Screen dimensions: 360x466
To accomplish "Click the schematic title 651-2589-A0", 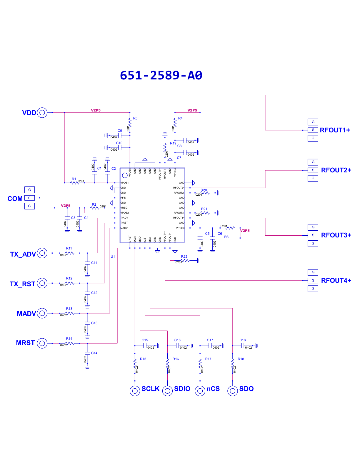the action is (x=161, y=75).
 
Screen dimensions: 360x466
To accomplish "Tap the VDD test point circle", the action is (x=42, y=113).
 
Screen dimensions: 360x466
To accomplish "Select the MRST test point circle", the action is (x=42, y=343).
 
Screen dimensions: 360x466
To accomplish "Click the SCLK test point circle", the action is (x=135, y=391).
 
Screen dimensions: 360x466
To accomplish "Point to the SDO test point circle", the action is (x=233, y=391).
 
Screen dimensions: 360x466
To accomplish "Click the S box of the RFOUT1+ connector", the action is (x=313, y=130).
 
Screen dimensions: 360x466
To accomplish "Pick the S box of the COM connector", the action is (x=30, y=198).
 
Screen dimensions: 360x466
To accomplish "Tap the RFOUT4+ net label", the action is (x=336, y=280).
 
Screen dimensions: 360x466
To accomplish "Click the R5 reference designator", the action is (x=135, y=118).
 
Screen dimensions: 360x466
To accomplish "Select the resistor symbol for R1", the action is (x=75, y=183).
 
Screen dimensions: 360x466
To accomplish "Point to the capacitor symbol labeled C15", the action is (x=145, y=346).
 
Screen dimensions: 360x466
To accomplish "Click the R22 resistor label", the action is (x=184, y=257).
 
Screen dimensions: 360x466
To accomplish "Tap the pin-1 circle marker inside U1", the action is (x=125, y=175).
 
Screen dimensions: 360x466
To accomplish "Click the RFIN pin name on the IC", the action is (x=123, y=198).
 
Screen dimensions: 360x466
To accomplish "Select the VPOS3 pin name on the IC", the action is (x=180, y=228).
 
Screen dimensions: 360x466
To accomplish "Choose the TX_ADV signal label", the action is (x=23, y=254).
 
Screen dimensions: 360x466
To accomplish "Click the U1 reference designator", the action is (x=113, y=257).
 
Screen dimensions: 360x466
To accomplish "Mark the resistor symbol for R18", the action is (x=233, y=363).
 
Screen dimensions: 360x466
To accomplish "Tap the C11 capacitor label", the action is (x=94, y=263).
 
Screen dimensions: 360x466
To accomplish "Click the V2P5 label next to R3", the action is (x=245, y=231).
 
